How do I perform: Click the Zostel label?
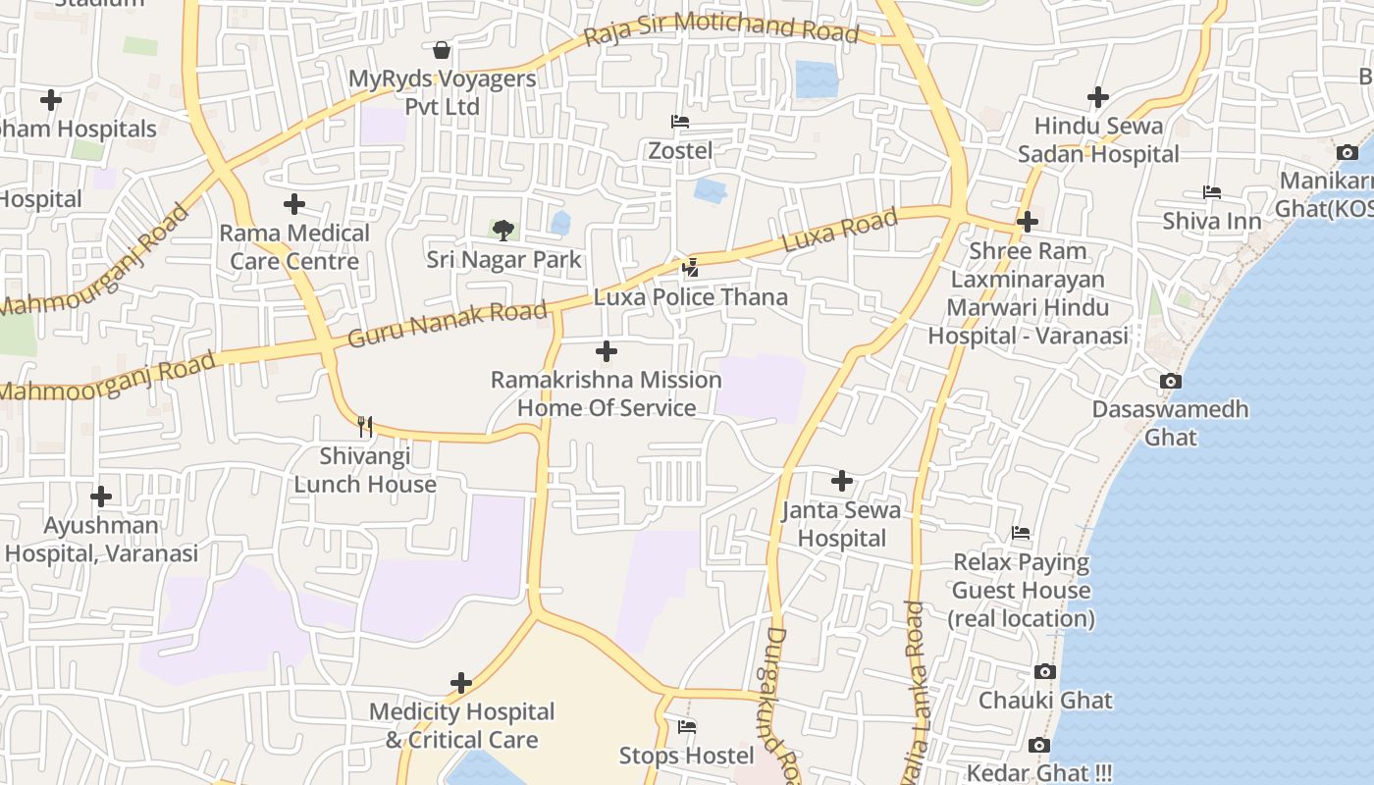(680, 151)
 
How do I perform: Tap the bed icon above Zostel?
(680, 122)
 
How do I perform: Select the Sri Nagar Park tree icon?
(503, 231)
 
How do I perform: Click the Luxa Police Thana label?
(691, 297)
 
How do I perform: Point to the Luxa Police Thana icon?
(691, 267)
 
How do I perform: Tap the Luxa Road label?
(839, 231)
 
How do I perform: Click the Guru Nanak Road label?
(448, 325)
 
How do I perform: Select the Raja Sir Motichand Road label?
(721, 28)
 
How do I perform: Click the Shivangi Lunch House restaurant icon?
(365, 426)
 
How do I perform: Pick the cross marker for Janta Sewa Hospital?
(842, 481)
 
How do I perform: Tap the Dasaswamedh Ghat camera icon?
(1170, 381)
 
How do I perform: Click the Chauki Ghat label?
(1045, 701)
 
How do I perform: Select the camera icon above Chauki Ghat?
(1045, 672)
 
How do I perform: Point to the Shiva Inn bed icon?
(1212, 192)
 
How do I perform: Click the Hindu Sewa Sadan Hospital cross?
(1098, 97)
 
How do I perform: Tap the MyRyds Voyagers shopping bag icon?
(442, 49)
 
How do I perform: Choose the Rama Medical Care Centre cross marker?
(294, 204)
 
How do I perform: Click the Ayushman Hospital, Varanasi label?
(101, 540)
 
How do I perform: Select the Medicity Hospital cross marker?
(461, 683)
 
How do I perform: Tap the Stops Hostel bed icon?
(687, 727)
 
